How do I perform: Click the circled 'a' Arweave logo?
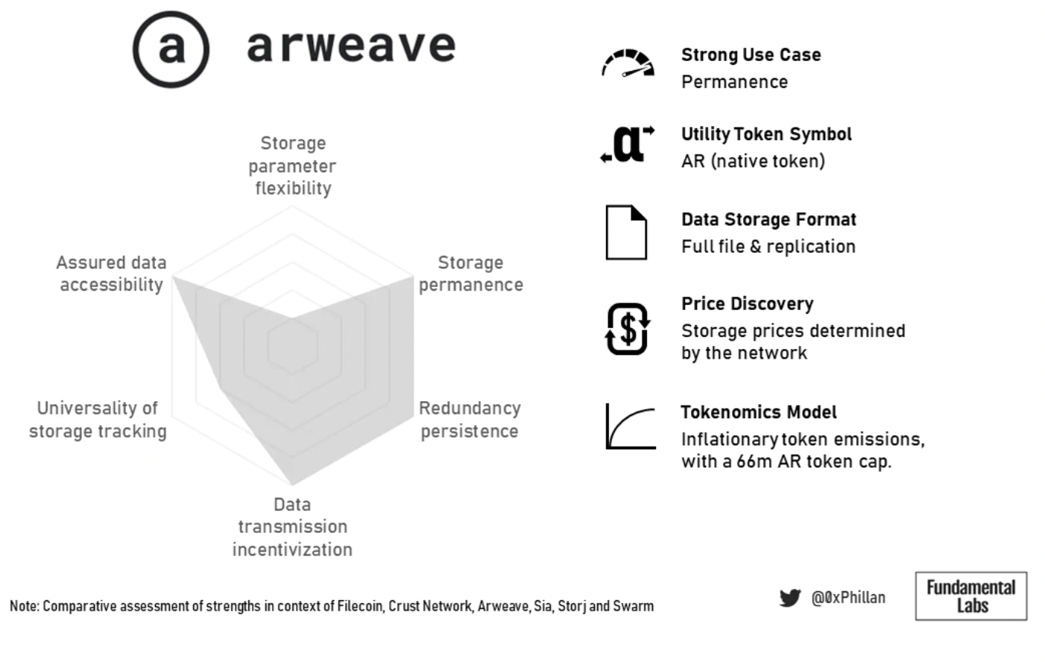click(171, 49)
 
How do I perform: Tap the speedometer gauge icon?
click(628, 63)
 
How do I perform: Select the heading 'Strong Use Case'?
click(751, 54)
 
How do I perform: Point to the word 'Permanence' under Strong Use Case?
click(735, 82)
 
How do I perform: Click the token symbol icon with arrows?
click(628, 144)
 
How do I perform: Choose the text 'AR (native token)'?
click(754, 161)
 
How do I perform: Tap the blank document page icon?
click(626, 233)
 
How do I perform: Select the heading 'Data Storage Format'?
click(768, 219)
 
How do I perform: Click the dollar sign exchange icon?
click(628, 329)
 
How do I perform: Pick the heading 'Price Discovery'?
click(748, 303)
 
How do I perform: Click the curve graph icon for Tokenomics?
click(631, 426)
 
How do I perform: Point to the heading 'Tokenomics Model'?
click(759, 412)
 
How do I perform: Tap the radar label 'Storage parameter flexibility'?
click(292, 165)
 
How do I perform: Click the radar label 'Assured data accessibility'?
click(111, 274)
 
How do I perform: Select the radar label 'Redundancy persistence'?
click(470, 420)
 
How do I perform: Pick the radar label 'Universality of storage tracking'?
click(98, 420)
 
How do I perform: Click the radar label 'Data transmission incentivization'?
click(292, 527)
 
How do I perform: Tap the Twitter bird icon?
click(790, 598)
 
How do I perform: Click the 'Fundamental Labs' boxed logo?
click(971, 596)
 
